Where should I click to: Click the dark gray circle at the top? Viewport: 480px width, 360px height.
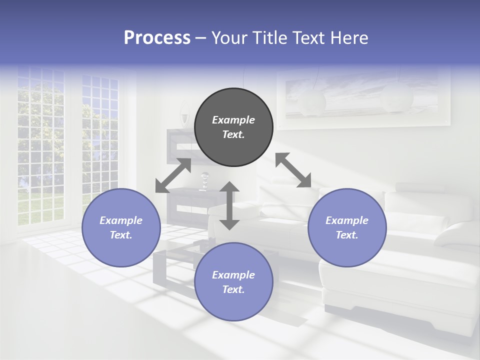[x=233, y=127]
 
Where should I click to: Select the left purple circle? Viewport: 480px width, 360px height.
[x=121, y=227]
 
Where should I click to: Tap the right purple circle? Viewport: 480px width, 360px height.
[x=347, y=227]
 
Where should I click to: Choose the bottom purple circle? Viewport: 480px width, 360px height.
[x=233, y=282]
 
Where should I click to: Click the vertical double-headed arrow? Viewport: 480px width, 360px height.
[x=229, y=205]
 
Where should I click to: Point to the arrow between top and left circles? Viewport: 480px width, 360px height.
[x=173, y=175]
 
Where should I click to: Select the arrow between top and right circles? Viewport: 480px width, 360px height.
[x=293, y=170]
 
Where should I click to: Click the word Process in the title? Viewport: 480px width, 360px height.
[x=157, y=38]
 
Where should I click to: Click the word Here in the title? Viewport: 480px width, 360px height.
[x=350, y=38]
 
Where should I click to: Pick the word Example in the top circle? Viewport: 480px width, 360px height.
[x=233, y=120]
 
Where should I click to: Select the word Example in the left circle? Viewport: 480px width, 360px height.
[x=121, y=220]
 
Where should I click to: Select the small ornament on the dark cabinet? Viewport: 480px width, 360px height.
[x=204, y=181]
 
